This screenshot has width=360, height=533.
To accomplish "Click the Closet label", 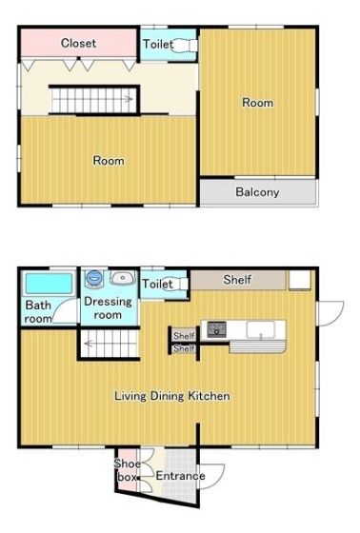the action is click(x=78, y=43).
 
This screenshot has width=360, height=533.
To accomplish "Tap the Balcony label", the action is click(x=257, y=192).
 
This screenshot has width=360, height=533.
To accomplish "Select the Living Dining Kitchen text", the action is click(x=171, y=396).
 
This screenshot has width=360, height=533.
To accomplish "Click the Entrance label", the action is click(x=180, y=476).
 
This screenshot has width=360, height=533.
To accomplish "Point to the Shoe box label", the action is click(x=128, y=470).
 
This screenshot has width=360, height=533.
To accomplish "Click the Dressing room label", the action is click(x=108, y=308).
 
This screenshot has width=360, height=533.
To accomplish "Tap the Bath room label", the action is click(x=38, y=312).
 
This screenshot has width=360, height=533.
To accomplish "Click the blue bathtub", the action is click(x=50, y=284).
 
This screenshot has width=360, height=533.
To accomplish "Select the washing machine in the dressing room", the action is click(x=94, y=278).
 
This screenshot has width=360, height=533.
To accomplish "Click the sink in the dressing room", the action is click(x=123, y=278).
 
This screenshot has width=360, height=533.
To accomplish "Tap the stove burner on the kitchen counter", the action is click(x=217, y=328).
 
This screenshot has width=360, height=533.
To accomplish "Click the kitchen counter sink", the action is click(x=261, y=329).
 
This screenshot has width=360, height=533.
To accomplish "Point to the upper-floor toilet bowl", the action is click(x=184, y=46).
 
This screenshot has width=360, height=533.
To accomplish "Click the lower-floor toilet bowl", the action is click(x=178, y=284).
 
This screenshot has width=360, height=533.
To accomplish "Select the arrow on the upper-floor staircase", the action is click(x=128, y=99).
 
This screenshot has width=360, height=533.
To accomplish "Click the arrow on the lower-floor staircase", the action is click(x=89, y=344).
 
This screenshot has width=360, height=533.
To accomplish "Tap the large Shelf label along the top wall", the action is click(x=237, y=280).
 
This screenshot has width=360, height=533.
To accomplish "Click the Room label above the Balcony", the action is click(x=257, y=103).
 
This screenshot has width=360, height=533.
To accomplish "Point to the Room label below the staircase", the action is click(x=109, y=161).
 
